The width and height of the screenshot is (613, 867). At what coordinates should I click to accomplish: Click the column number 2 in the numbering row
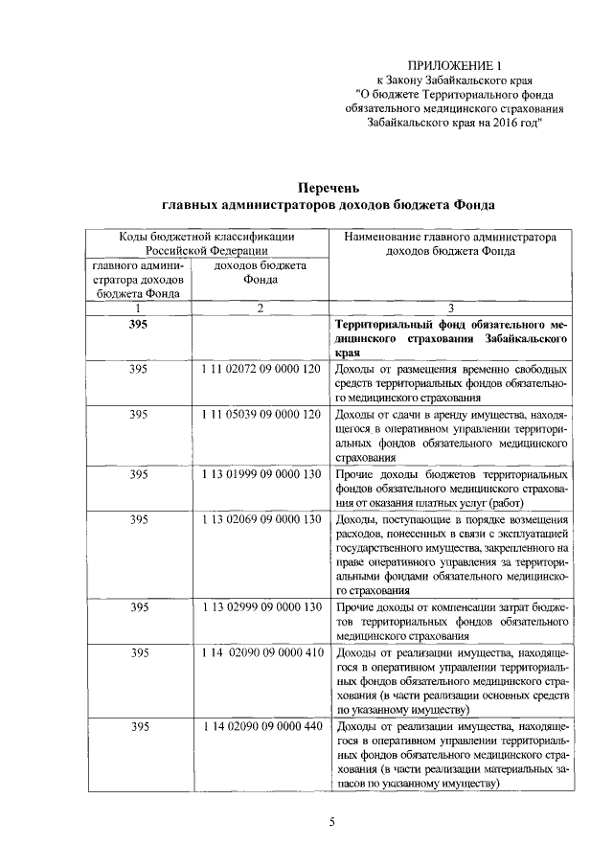coord(260,308)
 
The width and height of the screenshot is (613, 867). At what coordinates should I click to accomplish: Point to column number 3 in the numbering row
coord(450,308)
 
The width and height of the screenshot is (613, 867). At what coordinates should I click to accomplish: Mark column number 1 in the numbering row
coord(140,308)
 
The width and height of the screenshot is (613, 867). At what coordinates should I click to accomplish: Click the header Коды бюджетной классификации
coord(206,236)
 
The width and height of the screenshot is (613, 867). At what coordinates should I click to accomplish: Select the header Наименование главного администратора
coord(449,236)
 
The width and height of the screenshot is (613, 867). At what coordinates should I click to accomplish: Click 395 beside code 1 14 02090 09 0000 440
coord(140,727)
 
